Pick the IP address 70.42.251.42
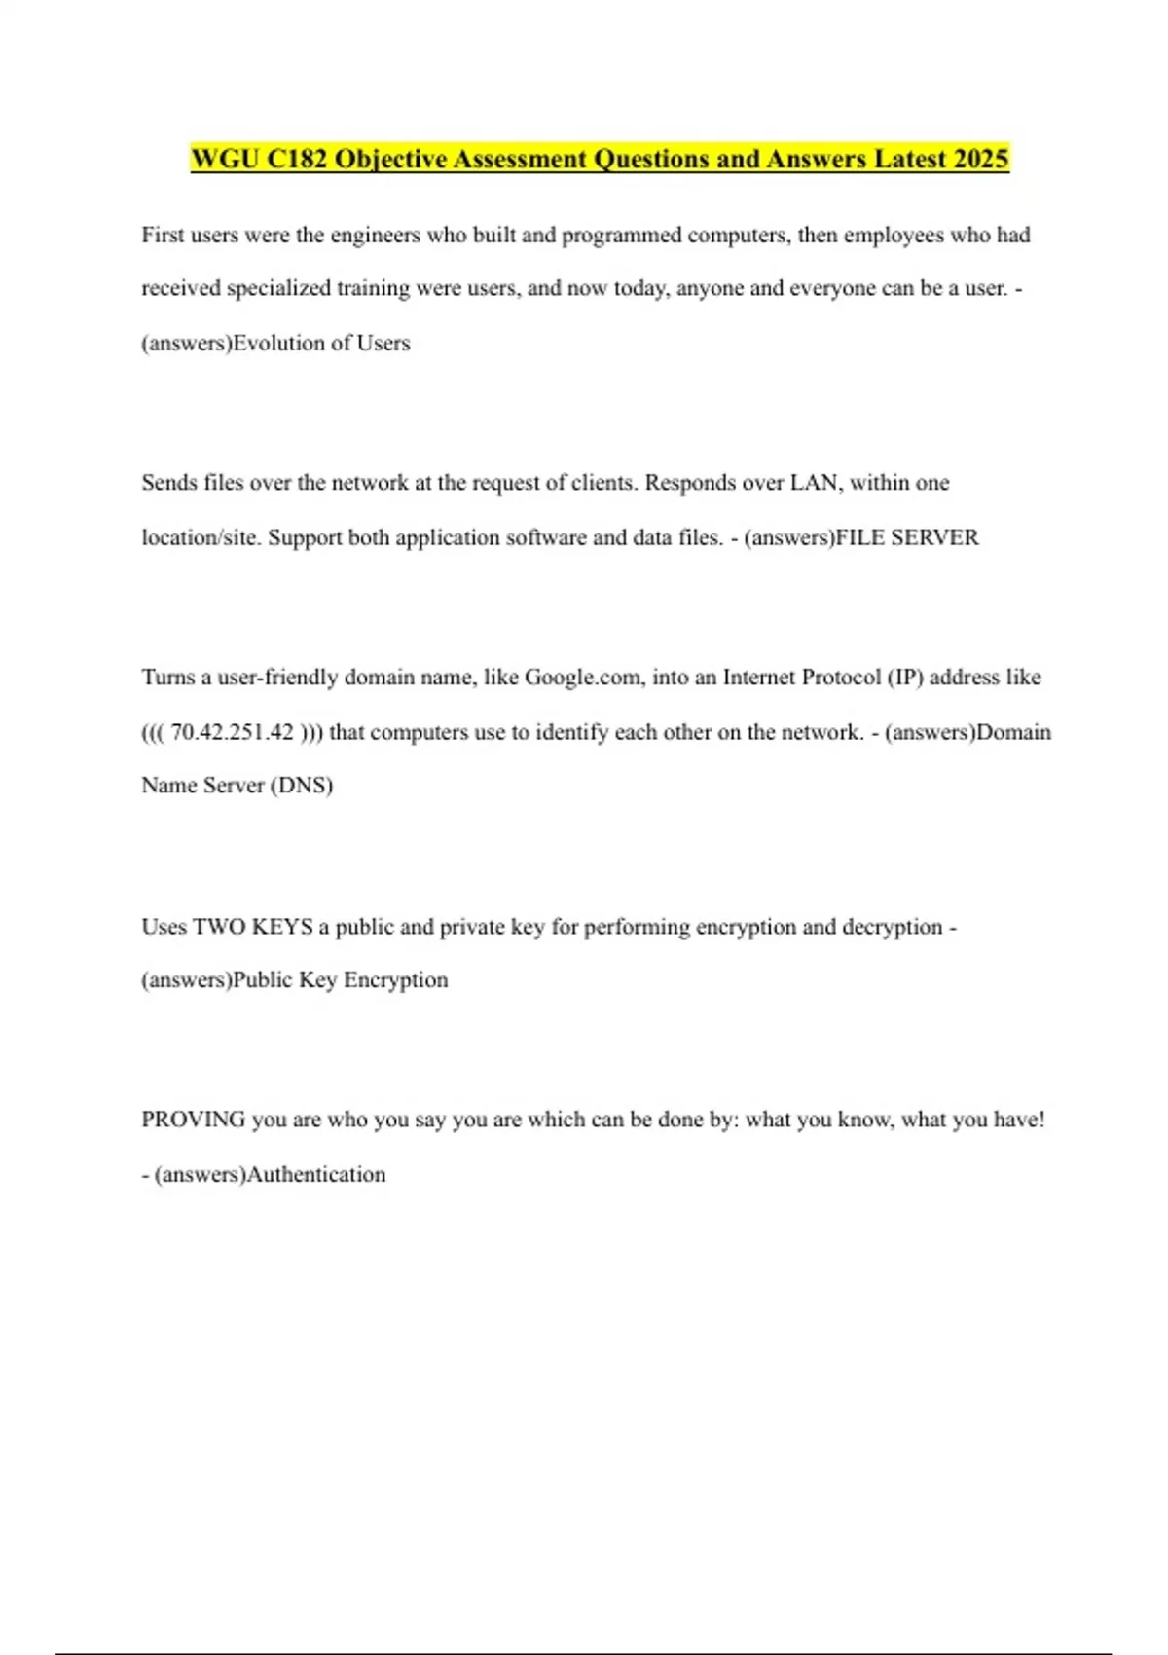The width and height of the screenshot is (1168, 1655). coord(232,732)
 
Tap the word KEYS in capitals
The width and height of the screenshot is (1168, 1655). coord(282,927)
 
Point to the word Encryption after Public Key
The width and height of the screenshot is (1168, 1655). coord(395,980)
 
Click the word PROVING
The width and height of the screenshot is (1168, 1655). coord(193,1120)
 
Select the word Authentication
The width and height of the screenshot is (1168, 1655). coord(316,1175)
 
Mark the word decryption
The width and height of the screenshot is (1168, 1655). coord(892,927)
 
